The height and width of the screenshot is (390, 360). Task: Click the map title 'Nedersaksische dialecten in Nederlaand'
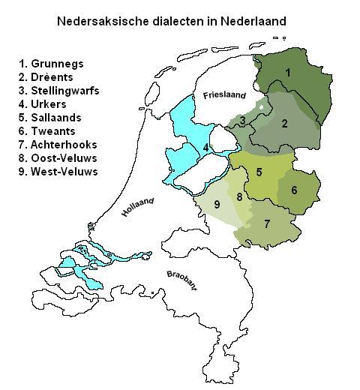click(x=172, y=22)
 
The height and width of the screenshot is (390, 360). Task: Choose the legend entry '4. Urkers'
click(x=46, y=103)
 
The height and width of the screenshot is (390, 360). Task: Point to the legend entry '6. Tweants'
click(x=49, y=130)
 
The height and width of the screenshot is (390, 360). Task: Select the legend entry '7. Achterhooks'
click(x=58, y=144)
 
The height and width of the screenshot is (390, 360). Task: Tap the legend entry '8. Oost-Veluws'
click(x=58, y=157)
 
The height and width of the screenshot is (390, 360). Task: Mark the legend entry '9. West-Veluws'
click(x=58, y=171)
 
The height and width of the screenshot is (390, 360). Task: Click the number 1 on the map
click(x=287, y=73)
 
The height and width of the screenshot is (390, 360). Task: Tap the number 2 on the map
click(x=284, y=123)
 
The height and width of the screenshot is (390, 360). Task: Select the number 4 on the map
click(x=205, y=147)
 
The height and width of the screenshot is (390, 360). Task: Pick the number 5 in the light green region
click(x=259, y=172)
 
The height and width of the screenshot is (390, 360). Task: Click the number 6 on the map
click(x=294, y=190)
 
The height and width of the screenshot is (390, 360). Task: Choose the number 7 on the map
click(x=267, y=223)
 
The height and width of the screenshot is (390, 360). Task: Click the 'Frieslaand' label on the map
click(x=224, y=95)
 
